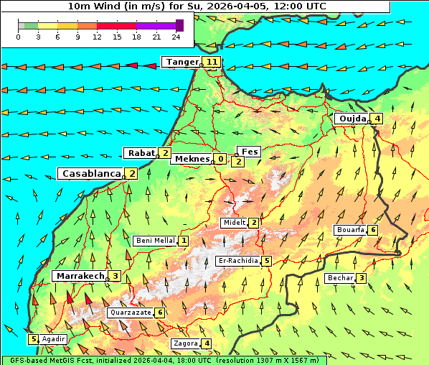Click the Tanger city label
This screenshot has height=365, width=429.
(181, 62)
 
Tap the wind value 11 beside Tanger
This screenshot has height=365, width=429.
(212, 62)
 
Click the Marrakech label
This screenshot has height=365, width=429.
(79, 276)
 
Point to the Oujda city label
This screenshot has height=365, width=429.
(352, 119)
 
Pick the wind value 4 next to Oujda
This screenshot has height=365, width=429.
(377, 119)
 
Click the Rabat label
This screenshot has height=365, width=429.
(141, 153)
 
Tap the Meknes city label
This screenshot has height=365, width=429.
(191, 159)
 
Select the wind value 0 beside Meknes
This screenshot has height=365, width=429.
(220, 159)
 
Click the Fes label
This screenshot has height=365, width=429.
(249, 152)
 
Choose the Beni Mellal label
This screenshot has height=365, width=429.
(155, 241)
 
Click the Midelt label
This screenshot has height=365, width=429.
(234, 223)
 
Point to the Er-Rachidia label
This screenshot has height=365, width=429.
(237, 261)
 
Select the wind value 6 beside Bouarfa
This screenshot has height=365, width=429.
(373, 230)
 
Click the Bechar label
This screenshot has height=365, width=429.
(340, 278)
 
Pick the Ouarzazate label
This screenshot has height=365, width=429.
(130, 313)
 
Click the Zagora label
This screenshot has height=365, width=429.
(186, 343)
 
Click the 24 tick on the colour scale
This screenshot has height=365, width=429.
(175, 36)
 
